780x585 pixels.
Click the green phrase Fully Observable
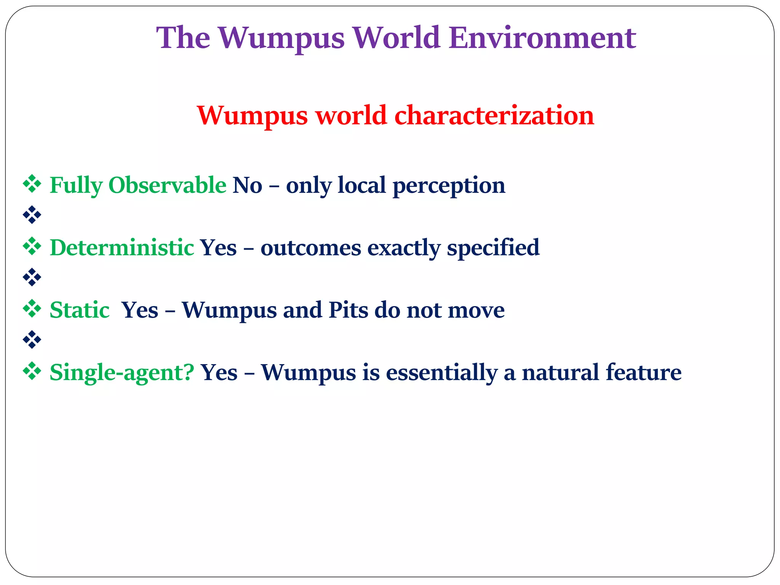pyautogui.click(x=138, y=185)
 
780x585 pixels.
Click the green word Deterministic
pyautogui.click(x=122, y=248)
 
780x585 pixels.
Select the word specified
pyautogui.click(x=493, y=248)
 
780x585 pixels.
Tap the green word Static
pyautogui.click(x=80, y=310)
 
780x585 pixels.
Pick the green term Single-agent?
pyautogui.click(x=122, y=372)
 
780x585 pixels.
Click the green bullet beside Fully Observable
pyautogui.click(x=32, y=184)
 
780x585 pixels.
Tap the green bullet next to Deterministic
pyautogui.click(x=32, y=246)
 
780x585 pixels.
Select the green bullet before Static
pyautogui.click(x=32, y=308)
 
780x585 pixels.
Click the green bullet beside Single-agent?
pyautogui.click(x=32, y=371)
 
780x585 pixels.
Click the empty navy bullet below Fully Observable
pyautogui.click(x=32, y=215)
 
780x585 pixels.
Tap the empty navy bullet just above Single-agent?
pyautogui.click(x=32, y=340)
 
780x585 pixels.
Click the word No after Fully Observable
pyautogui.click(x=247, y=185)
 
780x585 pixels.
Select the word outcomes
pyautogui.click(x=310, y=248)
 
